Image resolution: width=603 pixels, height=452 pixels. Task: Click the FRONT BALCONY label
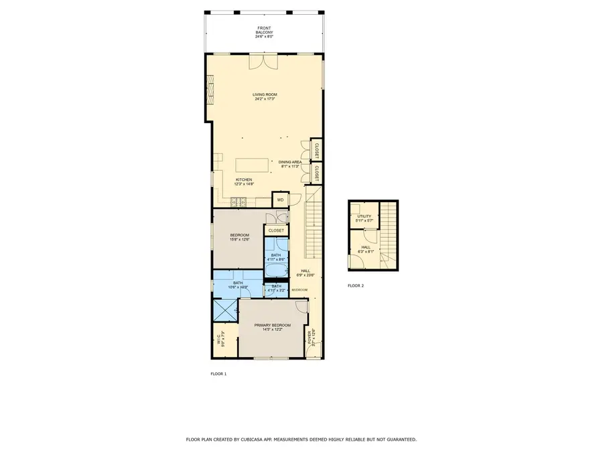[x=264, y=32]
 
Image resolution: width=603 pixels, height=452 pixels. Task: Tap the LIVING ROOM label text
[x=265, y=94]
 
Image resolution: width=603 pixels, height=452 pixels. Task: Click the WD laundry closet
[x=280, y=200]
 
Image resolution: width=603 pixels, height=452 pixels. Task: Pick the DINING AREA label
[x=290, y=162]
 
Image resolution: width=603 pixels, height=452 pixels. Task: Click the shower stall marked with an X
[x=225, y=310]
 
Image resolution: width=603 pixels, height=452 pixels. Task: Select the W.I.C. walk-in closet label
[x=220, y=340]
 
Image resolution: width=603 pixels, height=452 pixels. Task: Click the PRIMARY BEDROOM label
[x=272, y=325]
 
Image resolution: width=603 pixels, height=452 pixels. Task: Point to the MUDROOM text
[x=299, y=289]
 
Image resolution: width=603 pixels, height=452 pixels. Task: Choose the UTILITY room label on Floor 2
[x=364, y=216]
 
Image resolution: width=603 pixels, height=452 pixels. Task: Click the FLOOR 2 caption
[x=356, y=286]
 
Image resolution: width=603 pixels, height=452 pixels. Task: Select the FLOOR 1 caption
[x=218, y=374]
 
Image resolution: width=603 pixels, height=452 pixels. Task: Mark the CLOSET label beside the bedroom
[x=276, y=230]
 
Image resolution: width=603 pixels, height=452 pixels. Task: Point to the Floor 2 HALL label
[x=366, y=247]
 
